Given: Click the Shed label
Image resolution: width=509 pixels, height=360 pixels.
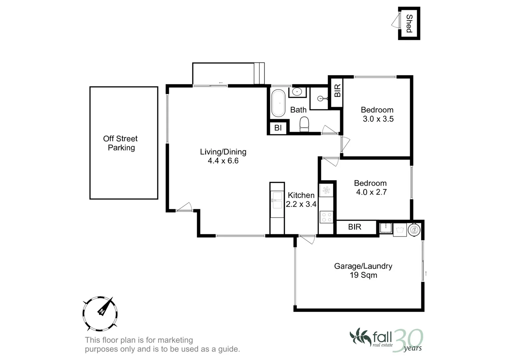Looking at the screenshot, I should (x=409, y=23).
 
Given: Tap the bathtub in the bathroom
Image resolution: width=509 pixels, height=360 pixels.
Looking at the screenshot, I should (x=278, y=103).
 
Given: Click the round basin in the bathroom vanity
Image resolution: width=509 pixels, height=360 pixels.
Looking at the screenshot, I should (x=297, y=91).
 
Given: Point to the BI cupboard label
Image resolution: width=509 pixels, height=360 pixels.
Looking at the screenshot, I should (x=278, y=128).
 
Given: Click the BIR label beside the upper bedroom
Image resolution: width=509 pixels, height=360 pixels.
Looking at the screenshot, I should (x=337, y=91).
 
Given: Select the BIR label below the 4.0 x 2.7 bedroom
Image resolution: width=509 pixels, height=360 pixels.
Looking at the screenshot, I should (x=354, y=227).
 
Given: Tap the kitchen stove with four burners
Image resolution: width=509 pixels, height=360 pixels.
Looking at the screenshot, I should (x=326, y=217).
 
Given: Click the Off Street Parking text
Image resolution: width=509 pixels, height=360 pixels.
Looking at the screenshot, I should (x=121, y=143).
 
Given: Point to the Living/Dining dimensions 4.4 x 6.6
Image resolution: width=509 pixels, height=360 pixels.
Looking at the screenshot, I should (x=223, y=161).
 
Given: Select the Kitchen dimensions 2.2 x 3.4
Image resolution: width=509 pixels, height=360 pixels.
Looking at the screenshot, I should (x=301, y=204).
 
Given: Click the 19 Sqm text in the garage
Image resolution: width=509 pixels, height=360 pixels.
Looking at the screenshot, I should (x=363, y=275).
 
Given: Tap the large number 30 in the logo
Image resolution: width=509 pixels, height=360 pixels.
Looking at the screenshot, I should (x=408, y=339).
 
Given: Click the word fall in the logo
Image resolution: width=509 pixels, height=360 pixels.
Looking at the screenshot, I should (x=382, y=336).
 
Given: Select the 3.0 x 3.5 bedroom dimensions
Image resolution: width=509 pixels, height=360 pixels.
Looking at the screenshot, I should (x=378, y=119).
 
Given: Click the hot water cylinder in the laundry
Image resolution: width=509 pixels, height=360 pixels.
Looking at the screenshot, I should (x=414, y=229).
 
